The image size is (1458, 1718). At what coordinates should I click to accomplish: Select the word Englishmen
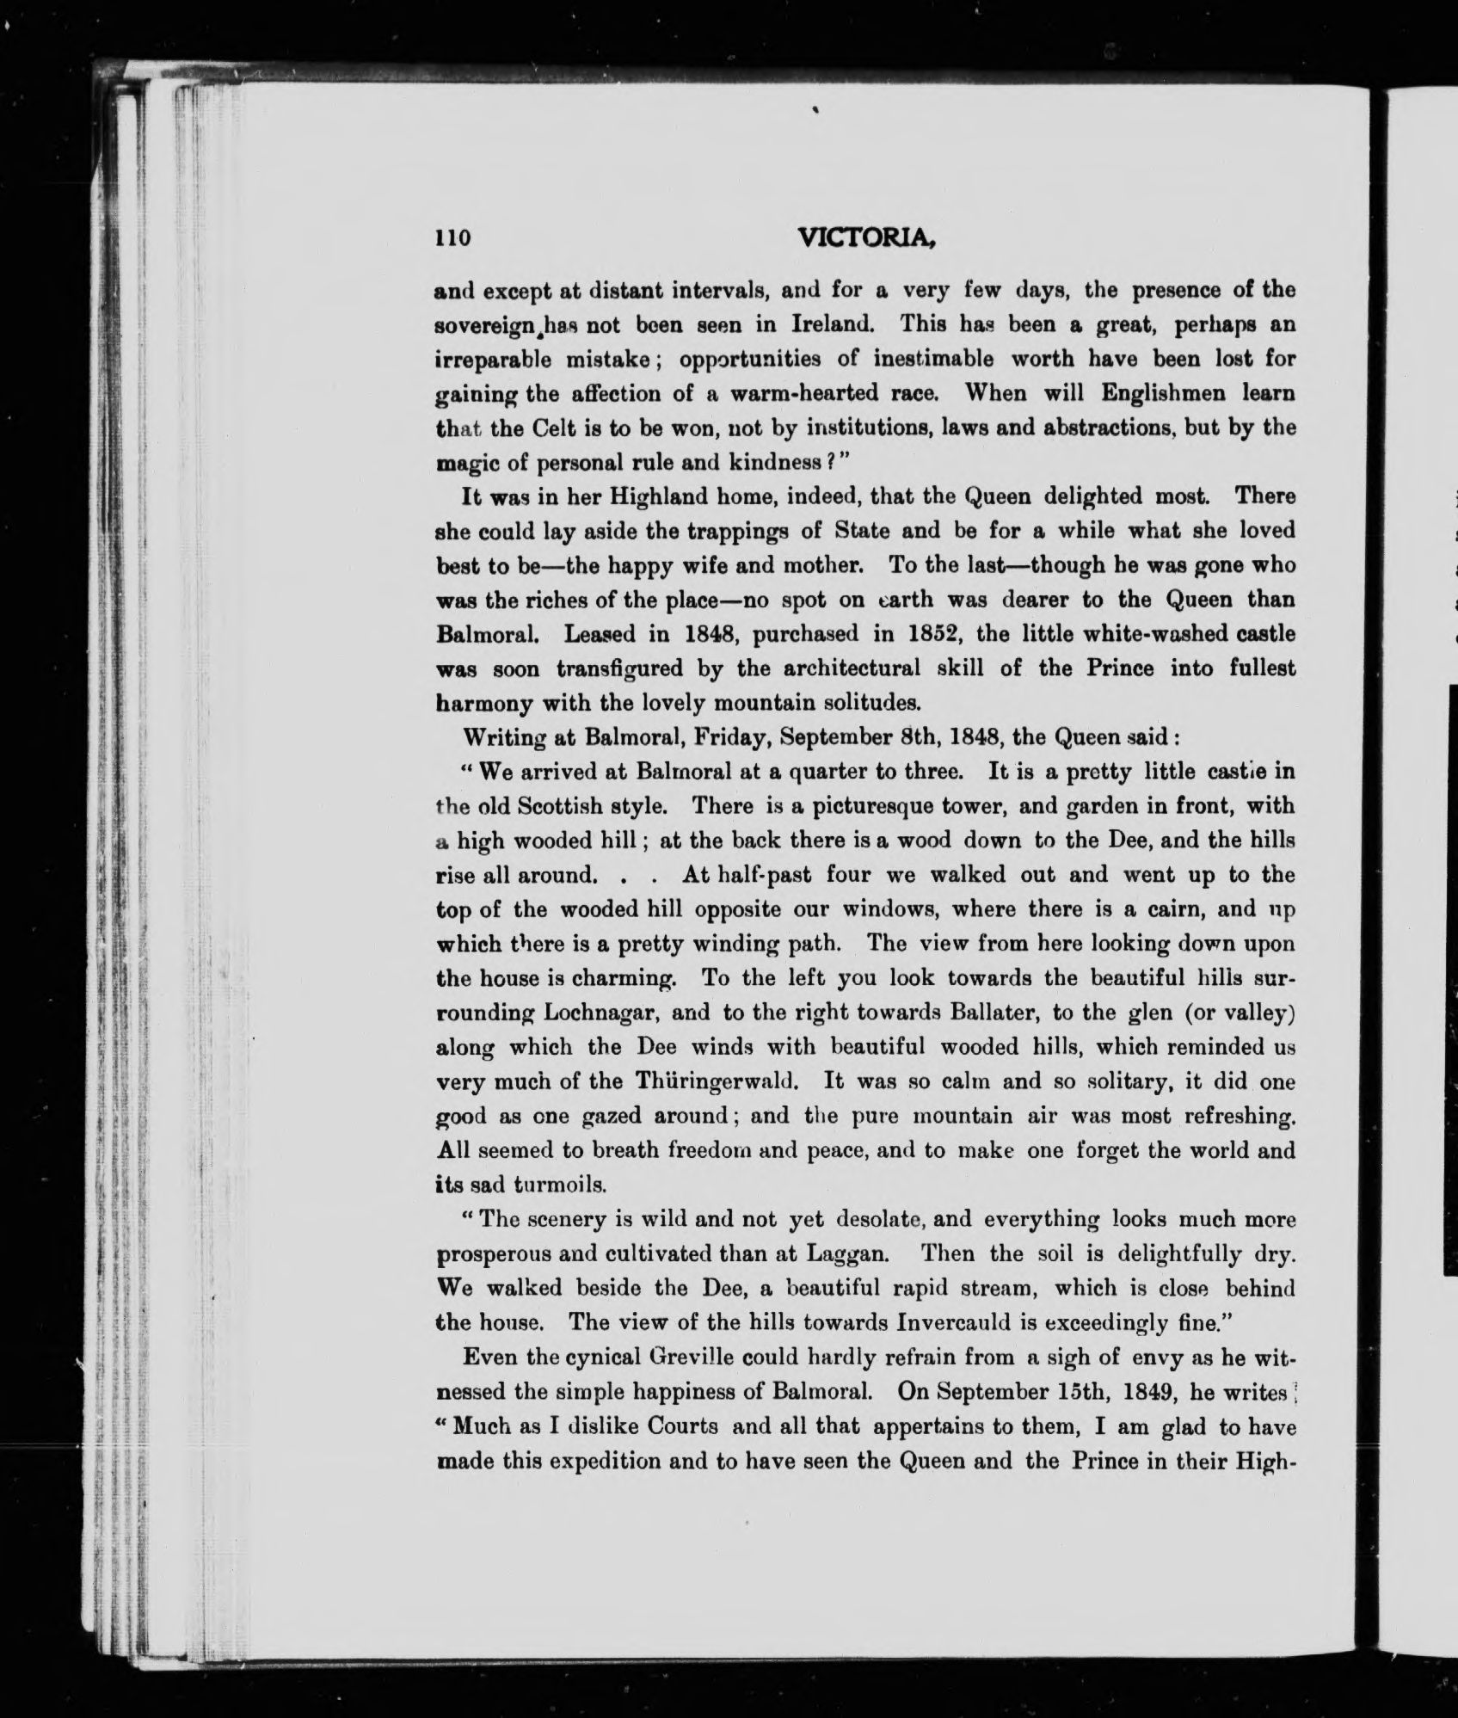[1146, 393]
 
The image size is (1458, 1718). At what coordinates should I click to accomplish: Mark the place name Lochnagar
[601, 1013]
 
